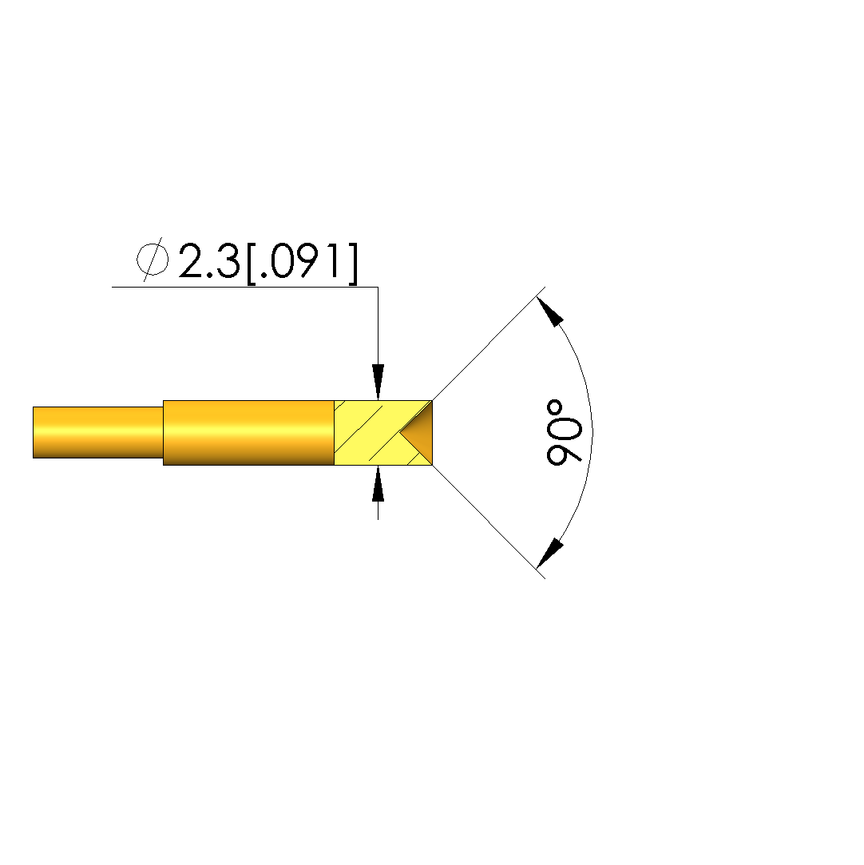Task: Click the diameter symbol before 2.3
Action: (x=153, y=260)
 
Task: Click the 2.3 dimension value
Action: (x=209, y=260)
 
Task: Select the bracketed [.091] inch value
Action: (x=302, y=263)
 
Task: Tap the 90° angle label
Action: (x=563, y=433)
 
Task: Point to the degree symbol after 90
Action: (x=555, y=409)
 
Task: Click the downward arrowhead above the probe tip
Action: (x=378, y=382)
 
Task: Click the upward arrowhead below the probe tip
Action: (x=378, y=484)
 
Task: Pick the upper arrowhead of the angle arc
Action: (x=549, y=311)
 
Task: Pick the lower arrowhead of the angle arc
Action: (x=549, y=554)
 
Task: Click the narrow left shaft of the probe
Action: (x=98, y=433)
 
